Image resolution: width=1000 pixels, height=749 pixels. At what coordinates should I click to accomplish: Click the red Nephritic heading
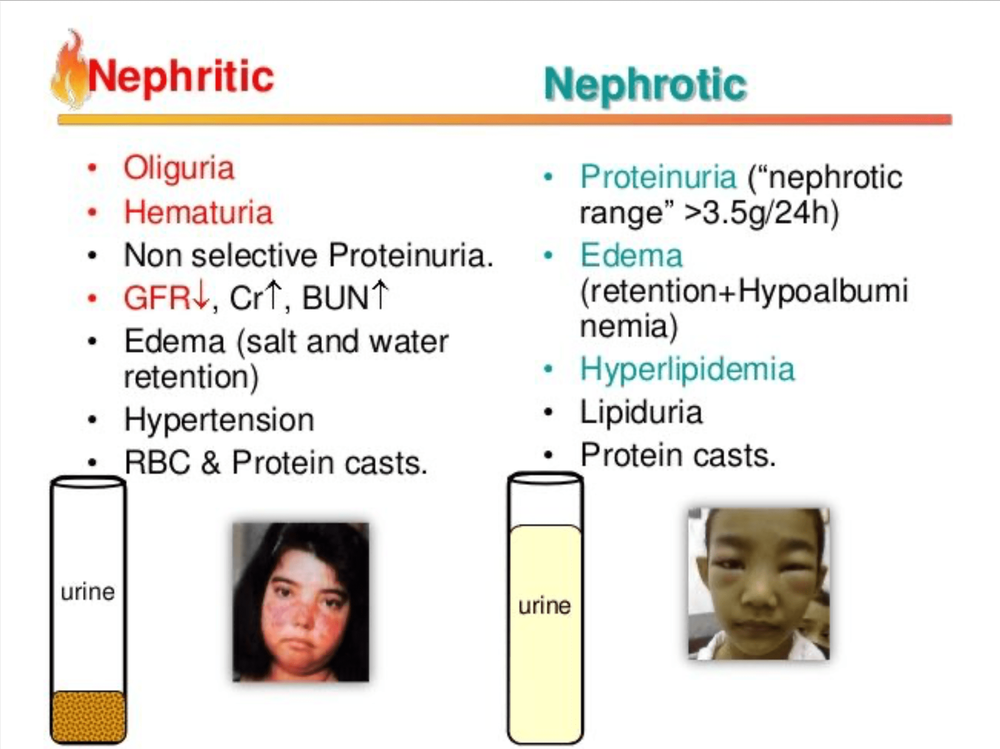(181, 77)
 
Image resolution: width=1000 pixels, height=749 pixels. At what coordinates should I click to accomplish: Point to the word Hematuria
(198, 212)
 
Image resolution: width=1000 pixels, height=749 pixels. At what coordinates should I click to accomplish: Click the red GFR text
(157, 298)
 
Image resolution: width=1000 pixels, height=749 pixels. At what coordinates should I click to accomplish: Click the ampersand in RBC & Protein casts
(210, 463)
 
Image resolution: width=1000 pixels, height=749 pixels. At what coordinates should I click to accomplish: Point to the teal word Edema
(631, 255)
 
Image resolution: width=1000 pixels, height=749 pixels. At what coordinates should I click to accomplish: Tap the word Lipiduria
(641, 413)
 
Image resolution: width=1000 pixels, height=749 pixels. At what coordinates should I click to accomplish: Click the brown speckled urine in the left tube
(89, 716)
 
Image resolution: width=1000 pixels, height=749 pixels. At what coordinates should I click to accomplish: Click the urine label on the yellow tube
(544, 606)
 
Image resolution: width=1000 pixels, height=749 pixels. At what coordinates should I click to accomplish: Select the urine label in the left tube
(88, 593)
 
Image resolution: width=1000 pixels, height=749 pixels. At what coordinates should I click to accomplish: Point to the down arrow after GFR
(199, 295)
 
